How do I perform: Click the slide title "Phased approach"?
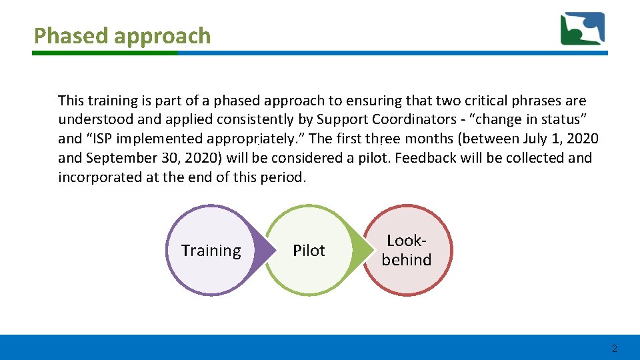pos(122,36)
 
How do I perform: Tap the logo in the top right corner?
pos(582,29)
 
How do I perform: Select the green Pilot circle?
pos(309,251)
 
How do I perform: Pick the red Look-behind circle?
pos(407,251)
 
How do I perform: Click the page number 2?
pos(614,349)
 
